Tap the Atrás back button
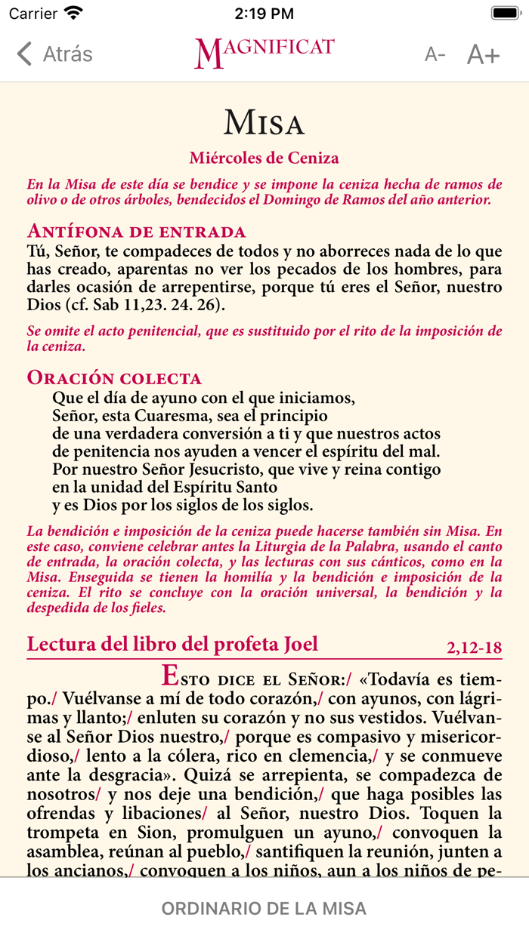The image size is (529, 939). [x=54, y=54]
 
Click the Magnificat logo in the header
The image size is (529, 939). [x=264, y=53]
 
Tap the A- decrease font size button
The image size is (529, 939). [x=435, y=54]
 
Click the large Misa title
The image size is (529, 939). [x=264, y=122]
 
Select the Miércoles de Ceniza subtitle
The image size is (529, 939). [x=264, y=158]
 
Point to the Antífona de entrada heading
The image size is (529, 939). [x=136, y=231]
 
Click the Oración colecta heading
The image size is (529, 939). [x=114, y=377]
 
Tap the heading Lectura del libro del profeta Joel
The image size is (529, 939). [x=172, y=644]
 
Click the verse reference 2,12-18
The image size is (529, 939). [x=474, y=647]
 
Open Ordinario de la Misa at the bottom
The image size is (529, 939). [x=264, y=908]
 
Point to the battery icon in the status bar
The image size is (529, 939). [x=505, y=13]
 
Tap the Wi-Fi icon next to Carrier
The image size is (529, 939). [x=74, y=13]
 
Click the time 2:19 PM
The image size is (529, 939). [x=264, y=13]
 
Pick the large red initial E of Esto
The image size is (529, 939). [x=171, y=673]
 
